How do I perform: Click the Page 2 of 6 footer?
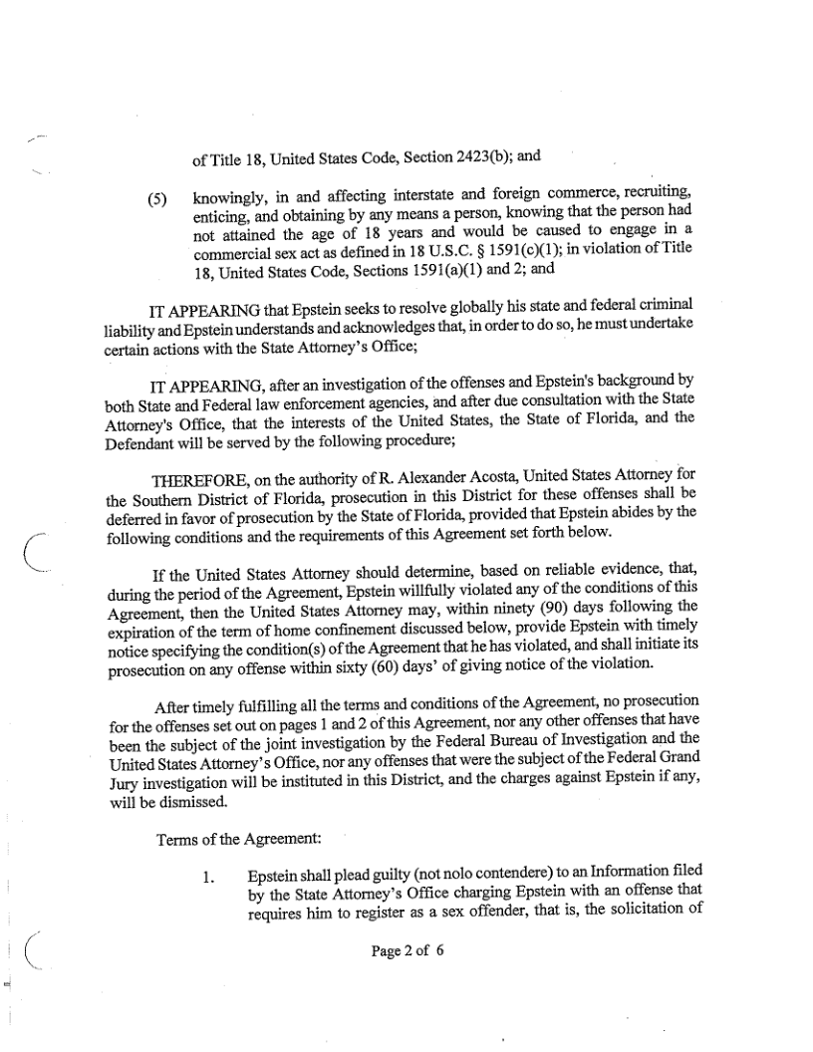point(406,950)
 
